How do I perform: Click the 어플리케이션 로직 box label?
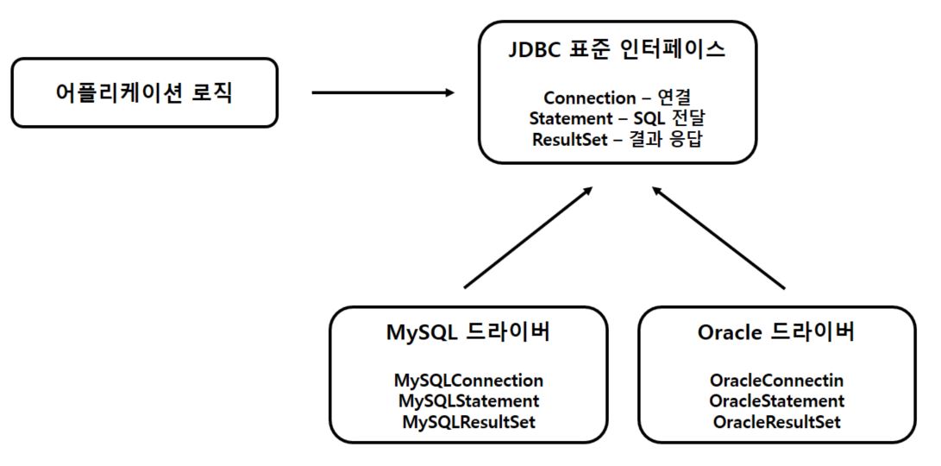pyautogui.click(x=143, y=93)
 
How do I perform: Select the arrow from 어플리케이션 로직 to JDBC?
pyautogui.click(x=384, y=92)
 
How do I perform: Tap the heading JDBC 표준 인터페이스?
pyautogui.click(x=618, y=50)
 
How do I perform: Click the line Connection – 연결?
pyautogui.click(x=618, y=98)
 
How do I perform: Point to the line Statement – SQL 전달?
pyautogui.click(x=618, y=118)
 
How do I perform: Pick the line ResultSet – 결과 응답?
pyautogui.click(x=618, y=139)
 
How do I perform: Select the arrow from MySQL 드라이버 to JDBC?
pyautogui.click(x=529, y=237)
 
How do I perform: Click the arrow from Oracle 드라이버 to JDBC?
pyautogui.click(x=718, y=237)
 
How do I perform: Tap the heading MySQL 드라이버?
pyautogui.click(x=468, y=332)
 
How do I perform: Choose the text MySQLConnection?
pyautogui.click(x=468, y=381)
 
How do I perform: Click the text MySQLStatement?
pyautogui.click(x=468, y=400)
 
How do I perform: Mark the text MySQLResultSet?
pyautogui.click(x=468, y=422)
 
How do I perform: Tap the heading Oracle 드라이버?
pyautogui.click(x=776, y=332)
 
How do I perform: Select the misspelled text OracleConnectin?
pyautogui.click(x=776, y=381)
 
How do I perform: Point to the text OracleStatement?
pyautogui.click(x=776, y=400)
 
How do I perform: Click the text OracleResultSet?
pyautogui.click(x=776, y=422)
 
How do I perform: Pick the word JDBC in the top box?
pyautogui.click(x=535, y=50)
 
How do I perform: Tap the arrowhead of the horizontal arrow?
pyautogui.click(x=449, y=92)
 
